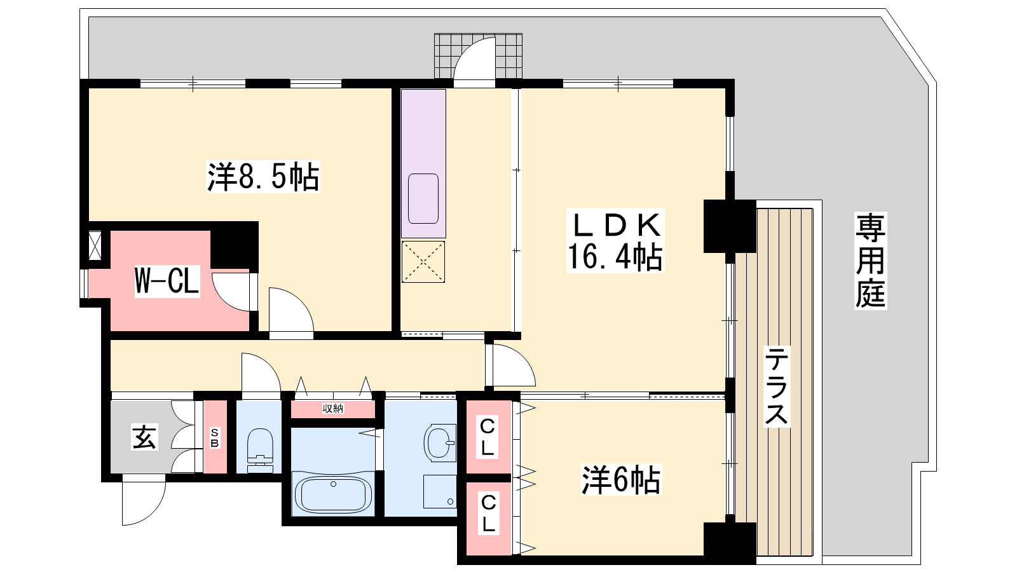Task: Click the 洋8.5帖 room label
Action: coord(263,177)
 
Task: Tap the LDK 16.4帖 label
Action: coord(615,240)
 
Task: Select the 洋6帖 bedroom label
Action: coord(620,479)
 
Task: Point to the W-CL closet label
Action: coord(167,282)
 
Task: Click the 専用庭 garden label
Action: coord(870,261)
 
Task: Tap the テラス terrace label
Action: coord(776,386)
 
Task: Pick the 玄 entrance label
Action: coord(144,437)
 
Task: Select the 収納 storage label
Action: coord(333,409)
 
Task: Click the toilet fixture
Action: coord(260,451)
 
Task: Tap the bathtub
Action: coord(333,494)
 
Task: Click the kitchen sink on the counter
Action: coord(423,199)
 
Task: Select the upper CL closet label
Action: coord(487,438)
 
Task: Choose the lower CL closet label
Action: coord(488,514)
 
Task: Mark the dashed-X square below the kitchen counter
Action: coord(423,262)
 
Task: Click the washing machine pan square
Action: coord(440,491)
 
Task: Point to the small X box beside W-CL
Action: coord(95,245)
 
